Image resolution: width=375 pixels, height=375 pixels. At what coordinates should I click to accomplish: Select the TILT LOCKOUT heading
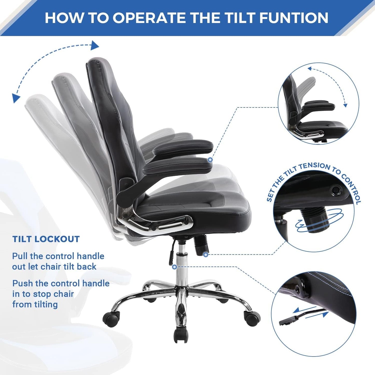point(46,239)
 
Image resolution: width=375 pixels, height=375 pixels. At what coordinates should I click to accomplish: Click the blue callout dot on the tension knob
point(206,255)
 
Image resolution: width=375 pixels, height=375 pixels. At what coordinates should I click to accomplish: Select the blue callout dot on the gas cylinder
point(174,267)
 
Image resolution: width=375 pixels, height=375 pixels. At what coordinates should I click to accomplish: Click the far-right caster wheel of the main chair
point(252,318)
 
